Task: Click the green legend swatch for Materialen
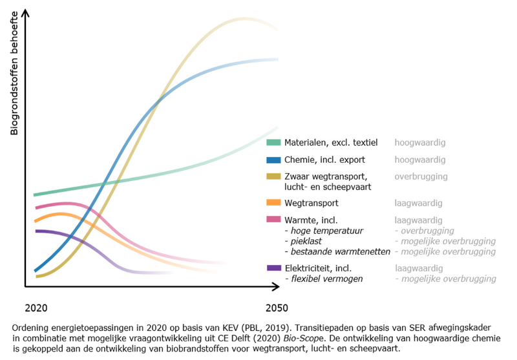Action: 273,142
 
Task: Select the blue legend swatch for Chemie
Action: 273,160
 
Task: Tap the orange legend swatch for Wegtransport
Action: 273,203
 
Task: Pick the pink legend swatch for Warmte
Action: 273,220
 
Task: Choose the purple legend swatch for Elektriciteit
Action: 273,268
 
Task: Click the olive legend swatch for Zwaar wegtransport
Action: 273,176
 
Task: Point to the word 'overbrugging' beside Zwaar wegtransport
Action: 421,176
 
